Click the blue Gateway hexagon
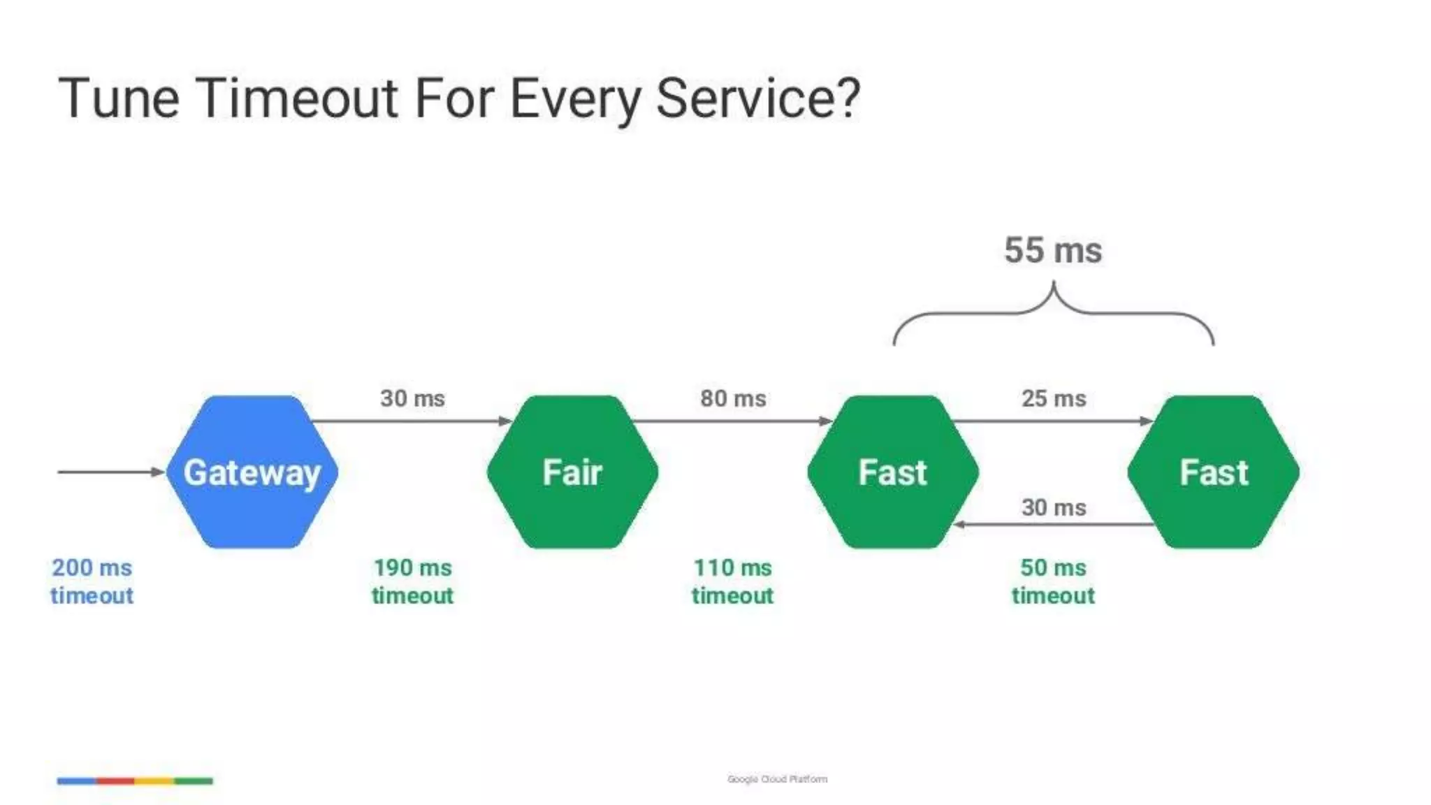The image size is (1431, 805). coord(252,472)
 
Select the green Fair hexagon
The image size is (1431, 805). coord(572,472)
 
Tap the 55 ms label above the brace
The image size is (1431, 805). coord(1053,250)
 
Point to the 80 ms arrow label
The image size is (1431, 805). coord(733,398)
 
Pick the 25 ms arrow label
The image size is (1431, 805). coord(1054,398)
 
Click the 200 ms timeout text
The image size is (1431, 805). coord(92,581)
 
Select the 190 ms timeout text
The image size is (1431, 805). coord(412,581)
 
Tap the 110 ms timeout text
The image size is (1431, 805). coord(732,581)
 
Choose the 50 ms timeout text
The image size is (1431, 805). coord(1053,581)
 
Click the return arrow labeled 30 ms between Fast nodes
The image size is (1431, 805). coord(1054,524)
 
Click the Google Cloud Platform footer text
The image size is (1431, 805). coord(777,778)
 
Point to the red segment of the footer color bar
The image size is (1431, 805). coord(115,781)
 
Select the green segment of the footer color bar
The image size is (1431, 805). coord(194,781)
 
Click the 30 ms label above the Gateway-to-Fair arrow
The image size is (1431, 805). coord(412,398)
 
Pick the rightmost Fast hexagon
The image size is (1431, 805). coord(1214,472)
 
